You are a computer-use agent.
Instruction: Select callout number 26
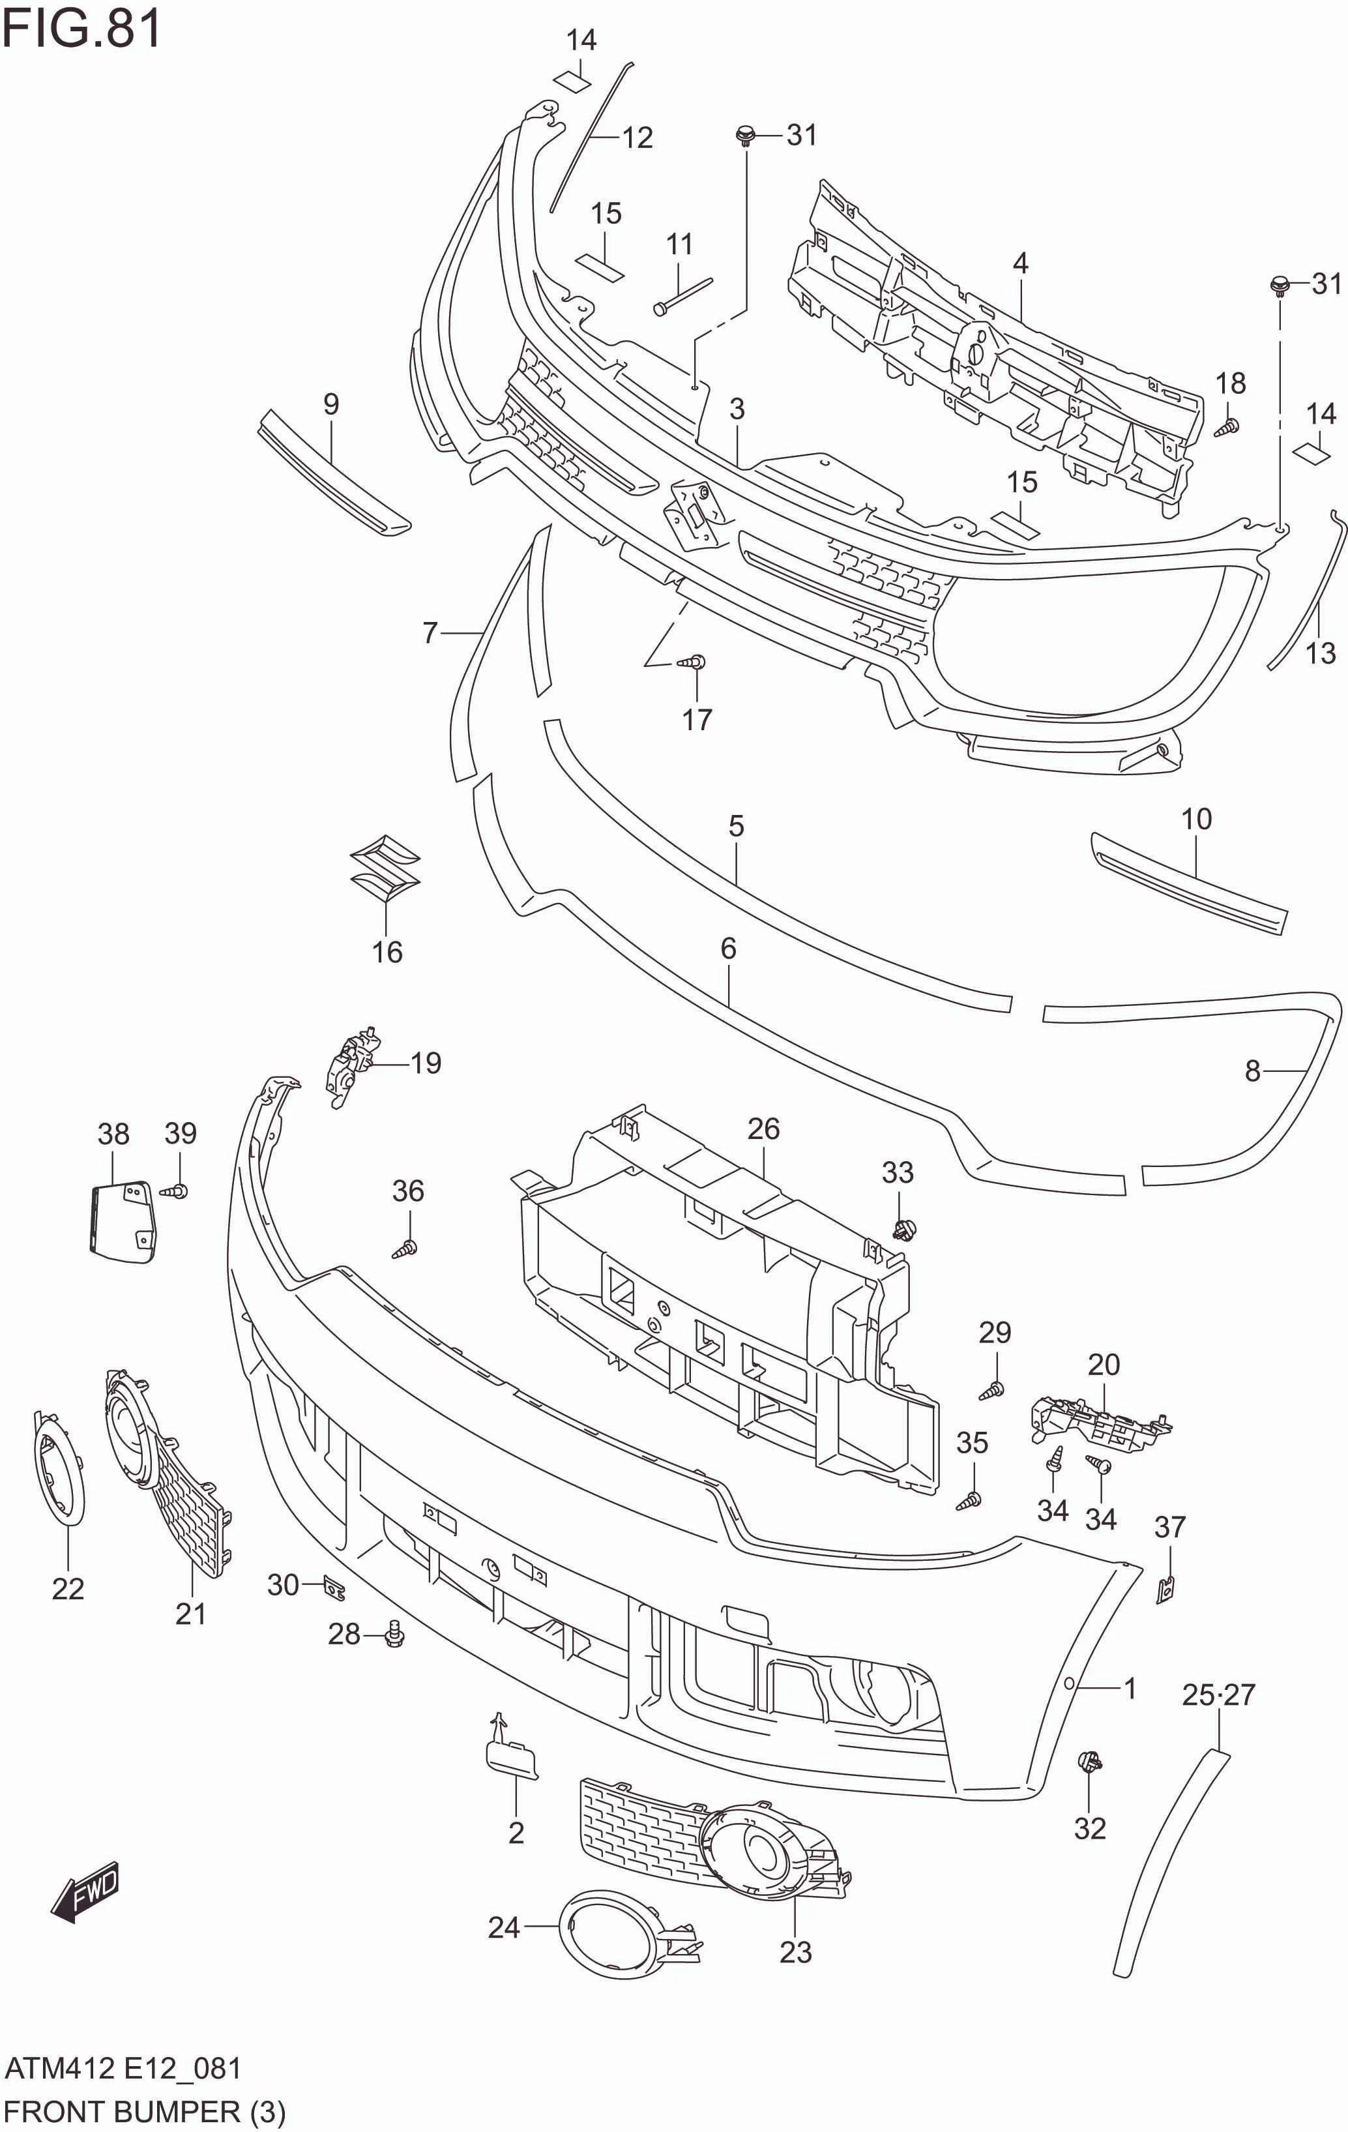pos(763,1128)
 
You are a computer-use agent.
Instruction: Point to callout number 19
pos(426,1063)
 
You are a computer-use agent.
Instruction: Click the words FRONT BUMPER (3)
pos(144,2112)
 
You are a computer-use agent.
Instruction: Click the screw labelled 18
pos(1226,428)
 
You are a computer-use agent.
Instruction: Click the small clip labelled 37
pos(1167,1590)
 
